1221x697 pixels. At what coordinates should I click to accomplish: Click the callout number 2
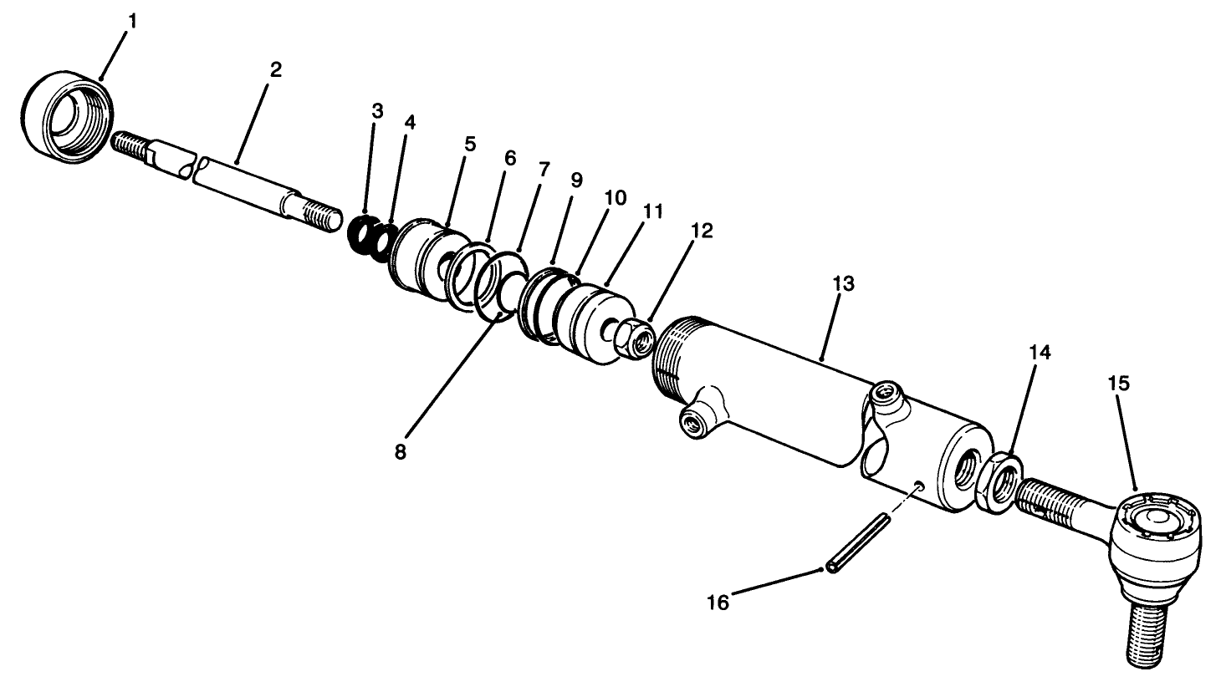click(x=275, y=70)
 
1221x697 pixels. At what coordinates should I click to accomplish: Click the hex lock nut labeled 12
click(x=635, y=336)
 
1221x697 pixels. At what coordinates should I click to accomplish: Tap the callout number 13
click(x=843, y=283)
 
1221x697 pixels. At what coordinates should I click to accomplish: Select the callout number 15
click(x=1119, y=384)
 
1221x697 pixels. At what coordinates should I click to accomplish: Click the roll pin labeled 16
click(x=859, y=543)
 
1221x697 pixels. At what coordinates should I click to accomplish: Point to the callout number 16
click(x=718, y=602)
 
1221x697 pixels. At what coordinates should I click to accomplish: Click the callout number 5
click(x=470, y=144)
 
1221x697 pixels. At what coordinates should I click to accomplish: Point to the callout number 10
click(x=615, y=198)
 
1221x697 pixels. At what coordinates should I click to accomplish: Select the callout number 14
click(x=1040, y=353)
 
